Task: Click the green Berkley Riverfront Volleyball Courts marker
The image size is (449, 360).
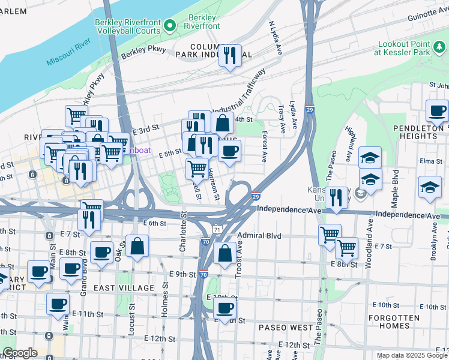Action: click(170, 25)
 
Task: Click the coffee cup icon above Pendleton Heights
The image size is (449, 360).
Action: click(437, 111)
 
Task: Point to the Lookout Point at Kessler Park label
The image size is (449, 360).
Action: click(412, 49)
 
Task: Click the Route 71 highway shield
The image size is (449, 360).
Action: click(217, 229)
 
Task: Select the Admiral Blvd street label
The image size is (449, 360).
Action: click(259, 236)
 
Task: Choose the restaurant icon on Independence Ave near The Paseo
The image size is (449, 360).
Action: click(337, 198)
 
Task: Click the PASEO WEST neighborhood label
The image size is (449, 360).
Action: click(286, 328)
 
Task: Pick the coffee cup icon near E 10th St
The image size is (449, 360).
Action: click(224, 309)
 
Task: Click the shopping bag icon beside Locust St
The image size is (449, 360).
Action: click(137, 247)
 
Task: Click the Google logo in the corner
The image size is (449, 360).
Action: click(19, 353)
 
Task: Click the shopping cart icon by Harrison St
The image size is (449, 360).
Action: click(197, 169)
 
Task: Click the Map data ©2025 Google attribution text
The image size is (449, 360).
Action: click(411, 355)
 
